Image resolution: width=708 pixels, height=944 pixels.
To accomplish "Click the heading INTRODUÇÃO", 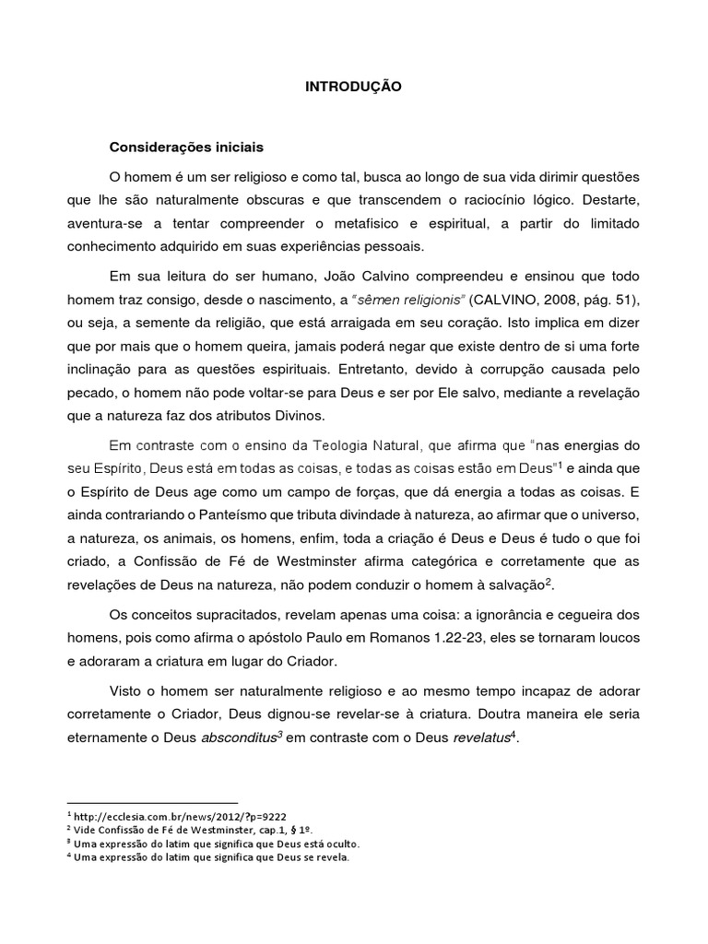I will click(353, 87).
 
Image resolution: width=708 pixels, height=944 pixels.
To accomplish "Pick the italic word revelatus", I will click(472, 739).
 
